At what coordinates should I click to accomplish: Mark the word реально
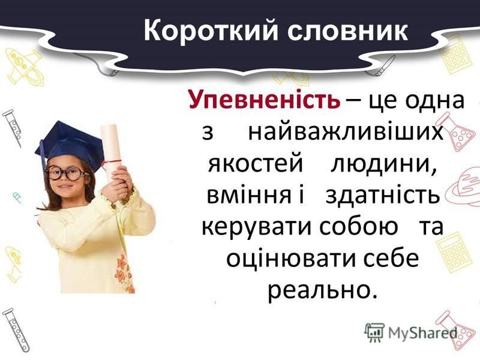point(322,292)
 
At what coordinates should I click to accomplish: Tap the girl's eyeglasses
point(65,173)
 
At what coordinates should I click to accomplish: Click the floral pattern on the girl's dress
point(124,274)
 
